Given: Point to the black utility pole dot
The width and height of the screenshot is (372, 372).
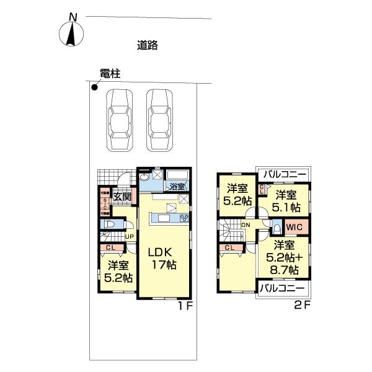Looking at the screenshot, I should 94,87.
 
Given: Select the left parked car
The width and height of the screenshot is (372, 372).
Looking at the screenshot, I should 119,120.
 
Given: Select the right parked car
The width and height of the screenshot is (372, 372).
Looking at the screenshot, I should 161,120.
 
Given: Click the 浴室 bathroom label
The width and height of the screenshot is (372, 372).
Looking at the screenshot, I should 177,185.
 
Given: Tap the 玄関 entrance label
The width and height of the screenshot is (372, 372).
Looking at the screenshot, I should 122,197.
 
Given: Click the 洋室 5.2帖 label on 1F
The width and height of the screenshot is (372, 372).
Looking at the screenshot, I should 117,272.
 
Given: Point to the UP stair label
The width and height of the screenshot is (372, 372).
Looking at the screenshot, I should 130,236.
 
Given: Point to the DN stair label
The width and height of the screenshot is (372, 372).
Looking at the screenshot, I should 246,224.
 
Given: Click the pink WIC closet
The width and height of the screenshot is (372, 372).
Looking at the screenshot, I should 293,227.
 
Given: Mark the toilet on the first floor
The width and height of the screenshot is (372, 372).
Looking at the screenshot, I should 110,224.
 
